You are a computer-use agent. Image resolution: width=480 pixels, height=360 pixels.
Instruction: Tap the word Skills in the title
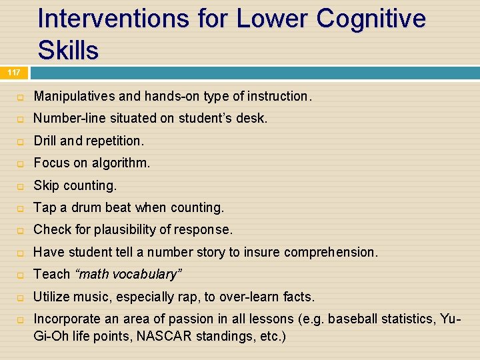pos(68,50)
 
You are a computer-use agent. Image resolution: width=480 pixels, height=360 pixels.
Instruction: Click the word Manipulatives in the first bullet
pos(73,97)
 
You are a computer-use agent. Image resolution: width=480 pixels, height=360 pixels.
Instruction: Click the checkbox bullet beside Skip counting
pos(20,186)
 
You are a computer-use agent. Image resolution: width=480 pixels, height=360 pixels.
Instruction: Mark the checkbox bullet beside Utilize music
pos(20,297)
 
